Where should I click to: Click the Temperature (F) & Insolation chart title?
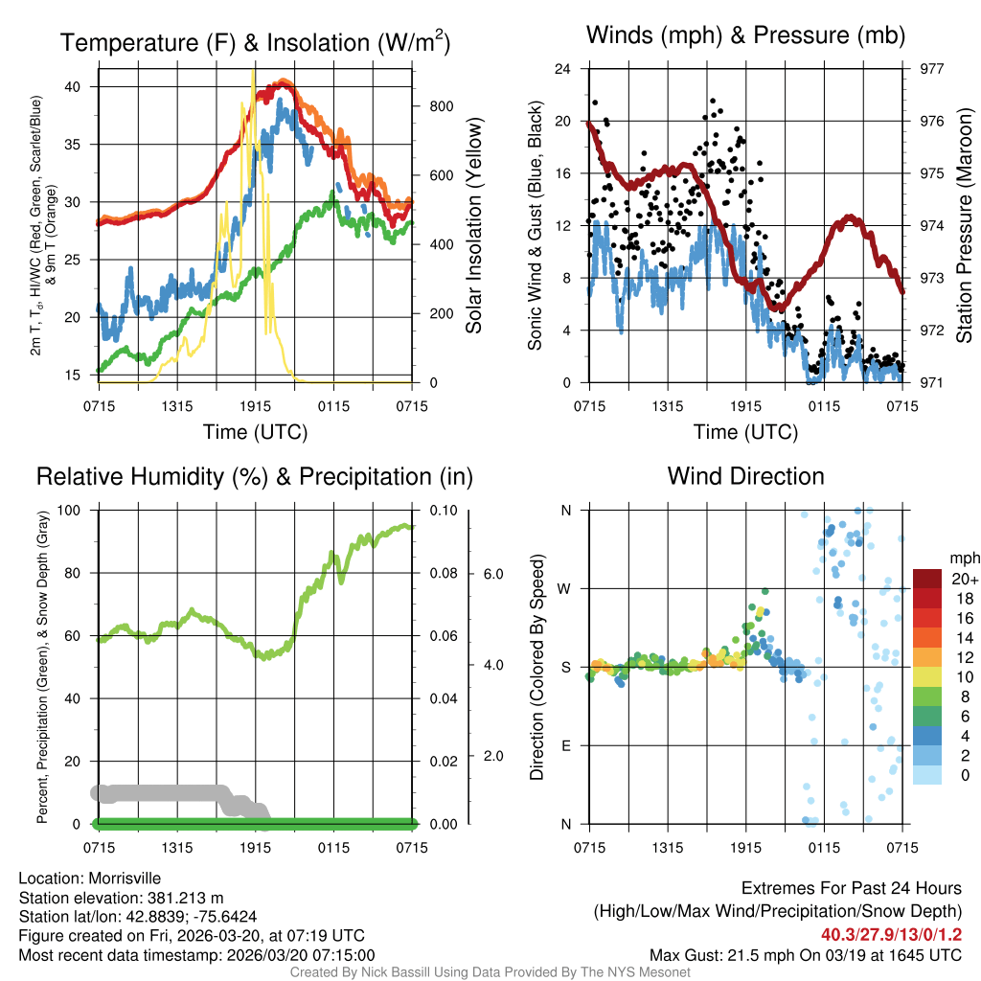tap(255, 43)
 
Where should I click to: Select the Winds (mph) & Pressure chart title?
tap(745, 36)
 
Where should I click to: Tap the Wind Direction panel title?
tap(745, 476)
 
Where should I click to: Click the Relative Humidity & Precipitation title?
tap(255, 476)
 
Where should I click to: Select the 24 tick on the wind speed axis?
tap(563, 69)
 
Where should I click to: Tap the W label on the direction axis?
tap(566, 588)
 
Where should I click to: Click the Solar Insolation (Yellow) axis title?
tap(474, 226)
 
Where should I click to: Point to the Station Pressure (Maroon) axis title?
tap(965, 226)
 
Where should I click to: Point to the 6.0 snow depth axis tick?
tap(493, 574)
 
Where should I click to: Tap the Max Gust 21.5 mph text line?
tap(805, 954)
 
